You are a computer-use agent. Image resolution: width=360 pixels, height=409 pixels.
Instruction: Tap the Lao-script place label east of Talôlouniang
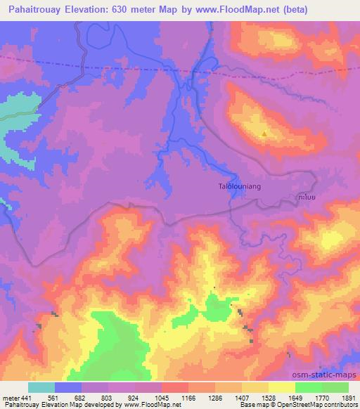tap(306, 198)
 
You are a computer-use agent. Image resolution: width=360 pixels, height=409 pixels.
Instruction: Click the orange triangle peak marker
tap(264, 134)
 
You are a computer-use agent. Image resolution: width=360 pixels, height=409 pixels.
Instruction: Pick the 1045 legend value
tap(168, 397)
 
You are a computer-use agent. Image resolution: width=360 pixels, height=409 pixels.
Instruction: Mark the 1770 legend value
tap(323, 397)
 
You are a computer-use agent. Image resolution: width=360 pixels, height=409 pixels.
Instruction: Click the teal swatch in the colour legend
tap(41, 387)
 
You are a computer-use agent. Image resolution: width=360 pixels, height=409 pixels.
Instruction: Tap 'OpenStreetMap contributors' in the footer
tap(319, 405)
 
